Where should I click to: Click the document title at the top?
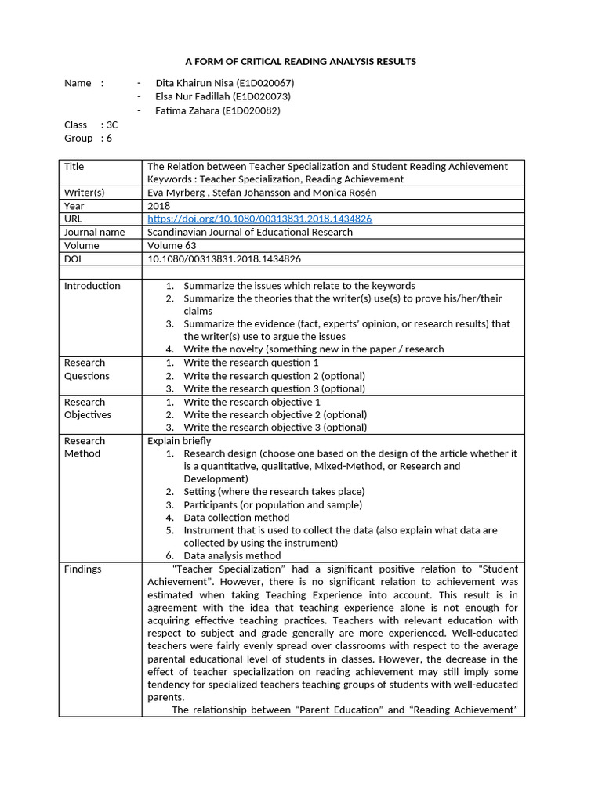click(300, 61)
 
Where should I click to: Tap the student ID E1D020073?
click(258, 96)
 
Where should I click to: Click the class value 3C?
click(111, 125)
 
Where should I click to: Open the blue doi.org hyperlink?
click(259, 219)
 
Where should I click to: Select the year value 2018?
click(158, 206)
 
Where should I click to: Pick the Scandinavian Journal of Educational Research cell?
click(250, 232)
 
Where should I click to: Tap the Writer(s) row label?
click(85, 193)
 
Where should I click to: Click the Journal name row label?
click(94, 232)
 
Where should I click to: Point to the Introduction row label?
click(92, 286)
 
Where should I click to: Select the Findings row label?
click(83, 569)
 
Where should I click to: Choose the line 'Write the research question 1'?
click(251, 363)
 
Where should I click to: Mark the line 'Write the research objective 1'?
click(252, 402)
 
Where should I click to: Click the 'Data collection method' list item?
click(236, 518)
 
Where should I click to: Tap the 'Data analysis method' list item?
click(232, 556)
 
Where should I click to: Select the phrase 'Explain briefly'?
click(180, 441)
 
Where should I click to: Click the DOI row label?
click(74, 258)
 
